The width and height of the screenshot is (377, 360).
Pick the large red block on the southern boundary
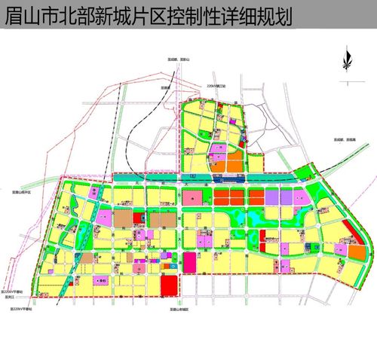click(x=170, y=286)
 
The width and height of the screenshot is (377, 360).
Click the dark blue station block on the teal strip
click(x=225, y=179)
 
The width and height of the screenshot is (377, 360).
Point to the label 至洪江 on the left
click(x=11, y=297)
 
